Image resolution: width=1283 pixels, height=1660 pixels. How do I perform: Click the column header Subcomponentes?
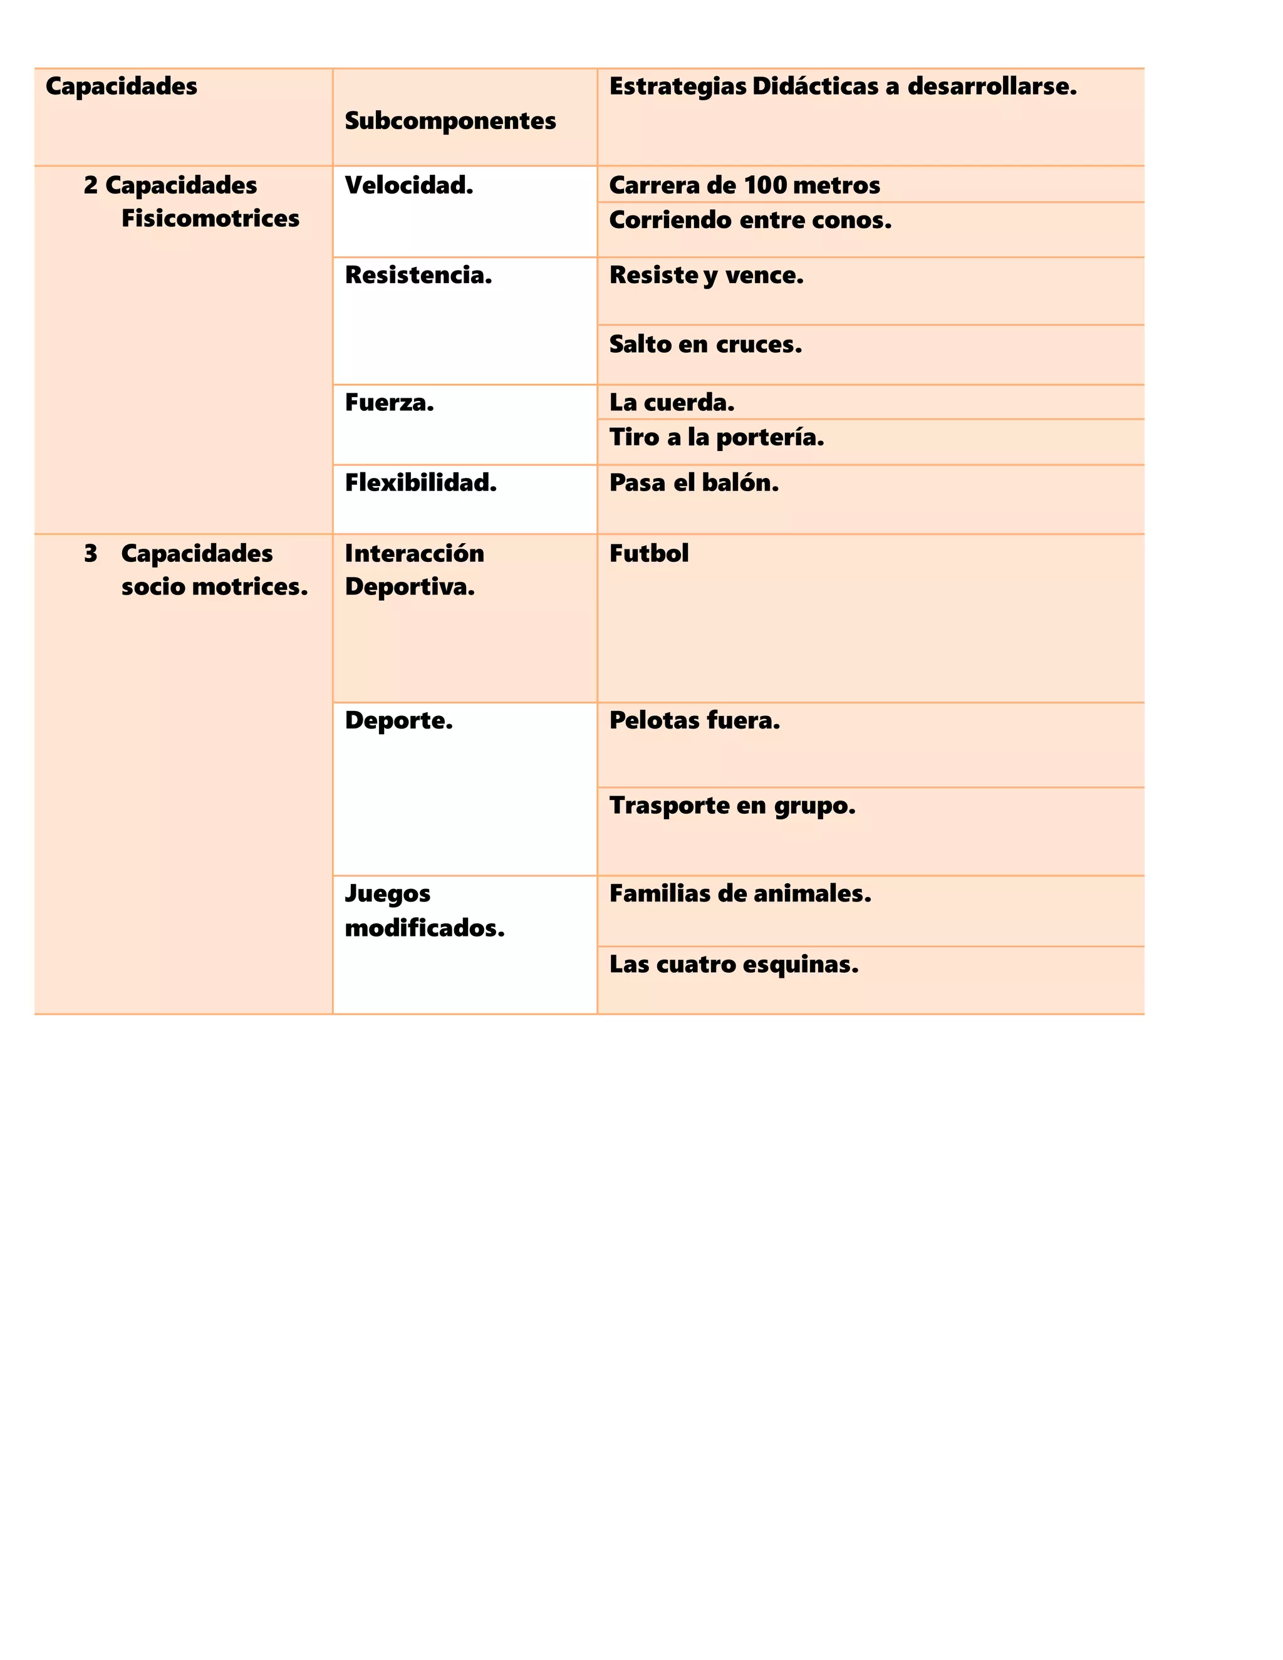[450, 121]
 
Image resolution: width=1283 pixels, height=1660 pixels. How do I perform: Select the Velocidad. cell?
[409, 185]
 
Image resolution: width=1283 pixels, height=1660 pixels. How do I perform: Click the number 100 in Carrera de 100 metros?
[765, 185]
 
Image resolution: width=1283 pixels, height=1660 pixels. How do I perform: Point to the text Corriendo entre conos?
[750, 220]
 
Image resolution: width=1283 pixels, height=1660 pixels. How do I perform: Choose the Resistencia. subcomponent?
[418, 275]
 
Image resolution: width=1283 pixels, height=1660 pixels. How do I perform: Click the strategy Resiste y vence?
[706, 275]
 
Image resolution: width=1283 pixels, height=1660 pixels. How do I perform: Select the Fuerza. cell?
[389, 403]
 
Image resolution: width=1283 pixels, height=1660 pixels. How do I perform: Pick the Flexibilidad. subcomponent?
[420, 482]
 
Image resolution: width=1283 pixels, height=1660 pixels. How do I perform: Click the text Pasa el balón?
[694, 482]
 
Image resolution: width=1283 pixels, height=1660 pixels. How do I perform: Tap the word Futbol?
[649, 553]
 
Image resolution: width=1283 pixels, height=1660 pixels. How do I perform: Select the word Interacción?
[414, 553]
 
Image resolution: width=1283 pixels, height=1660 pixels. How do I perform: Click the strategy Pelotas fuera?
[695, 720]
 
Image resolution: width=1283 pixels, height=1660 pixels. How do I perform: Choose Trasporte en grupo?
[732, 806]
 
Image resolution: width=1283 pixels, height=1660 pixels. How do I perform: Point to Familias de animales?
[740, 894]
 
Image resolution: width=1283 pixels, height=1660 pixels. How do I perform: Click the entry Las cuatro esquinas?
[734, 965]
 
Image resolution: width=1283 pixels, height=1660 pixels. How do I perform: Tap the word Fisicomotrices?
[210, 219]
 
